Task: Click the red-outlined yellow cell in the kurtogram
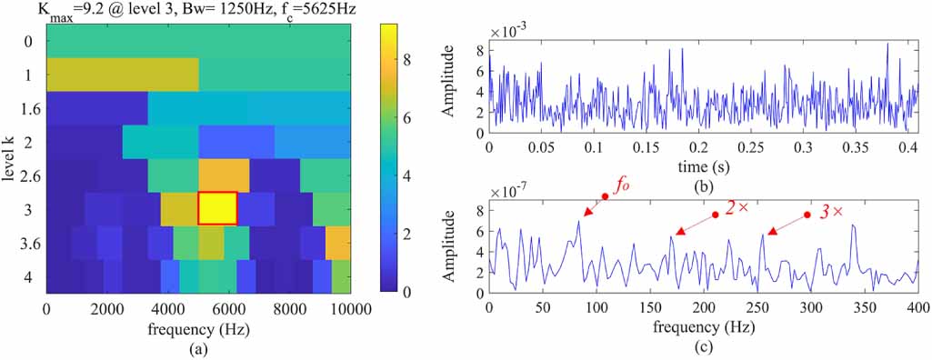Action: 217,208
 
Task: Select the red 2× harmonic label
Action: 736,208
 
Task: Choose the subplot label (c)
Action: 704,345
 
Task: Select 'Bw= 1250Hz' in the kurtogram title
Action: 219,10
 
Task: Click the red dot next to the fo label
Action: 605,196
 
